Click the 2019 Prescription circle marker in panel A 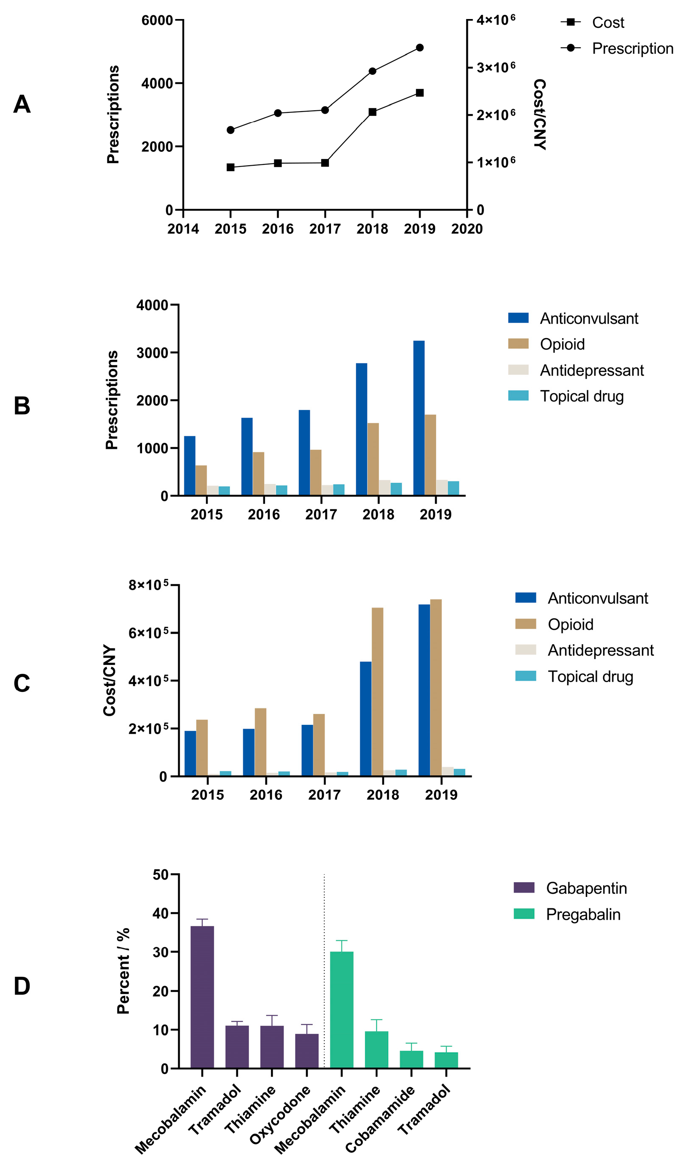(420, 48)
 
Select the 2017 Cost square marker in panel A (325, 163)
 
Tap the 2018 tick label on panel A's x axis (372, 229)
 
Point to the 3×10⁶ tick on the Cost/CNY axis (496, 68)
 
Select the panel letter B (22, 406)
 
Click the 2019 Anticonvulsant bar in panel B (419, 418)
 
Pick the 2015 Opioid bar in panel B (201, 480)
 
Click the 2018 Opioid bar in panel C (377, 692)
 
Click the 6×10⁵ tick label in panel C (148, 633)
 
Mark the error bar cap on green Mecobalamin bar (342, 940)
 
